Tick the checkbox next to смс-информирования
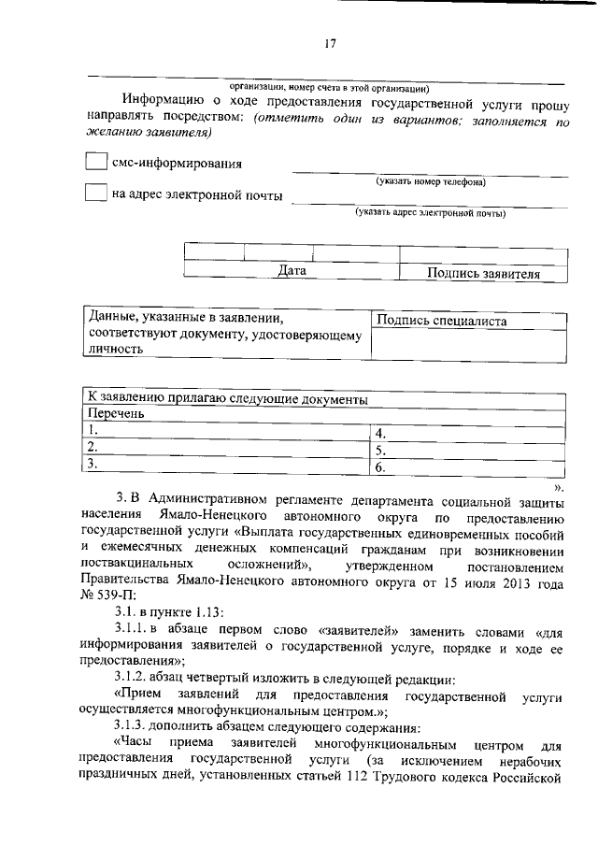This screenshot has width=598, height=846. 95,162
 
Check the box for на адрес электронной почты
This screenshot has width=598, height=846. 95,194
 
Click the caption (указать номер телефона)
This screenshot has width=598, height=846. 430,181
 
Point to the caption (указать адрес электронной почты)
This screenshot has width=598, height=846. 430,213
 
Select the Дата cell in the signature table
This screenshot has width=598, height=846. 292,271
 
